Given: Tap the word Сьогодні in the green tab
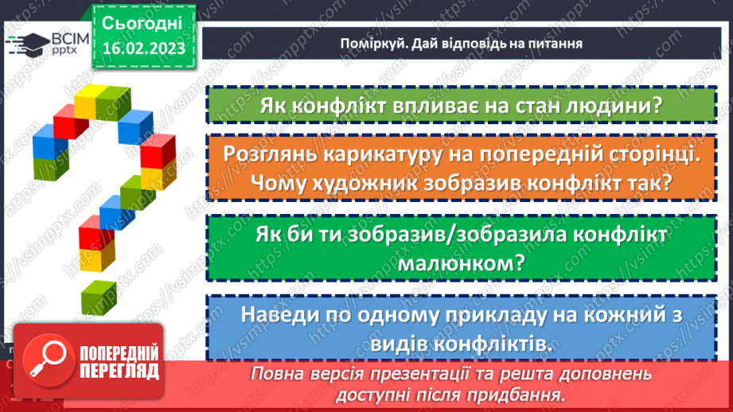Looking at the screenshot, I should coord(143,22).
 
